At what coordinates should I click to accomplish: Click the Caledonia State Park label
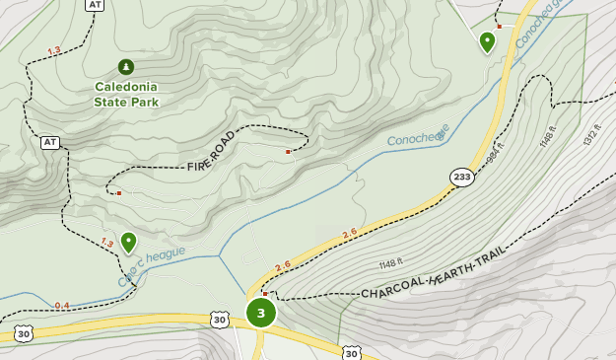[126, 94]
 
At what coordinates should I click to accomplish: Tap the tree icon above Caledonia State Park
[126, 67]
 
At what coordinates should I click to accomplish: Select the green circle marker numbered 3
[261, 314]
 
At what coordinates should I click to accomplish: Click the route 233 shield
[462, 177]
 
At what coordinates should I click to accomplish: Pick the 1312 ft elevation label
[590, 135]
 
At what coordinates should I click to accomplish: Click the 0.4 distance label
[62, 306]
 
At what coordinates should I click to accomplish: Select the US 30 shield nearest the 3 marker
[219, 319]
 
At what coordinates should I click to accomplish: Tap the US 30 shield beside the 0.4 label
[22, 334]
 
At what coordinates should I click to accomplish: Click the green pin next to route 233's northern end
[487, 41]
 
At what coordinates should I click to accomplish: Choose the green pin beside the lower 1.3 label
[128, 242]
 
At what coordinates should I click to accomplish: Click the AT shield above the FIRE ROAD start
[49, 142]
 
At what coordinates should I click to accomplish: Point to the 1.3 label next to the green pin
[106, 243]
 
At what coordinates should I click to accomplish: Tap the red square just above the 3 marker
[265, 294]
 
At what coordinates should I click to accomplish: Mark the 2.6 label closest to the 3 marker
[284, 265]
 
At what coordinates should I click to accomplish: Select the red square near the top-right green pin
[500, 27]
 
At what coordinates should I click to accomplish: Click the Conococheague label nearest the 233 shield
[418, 135]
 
